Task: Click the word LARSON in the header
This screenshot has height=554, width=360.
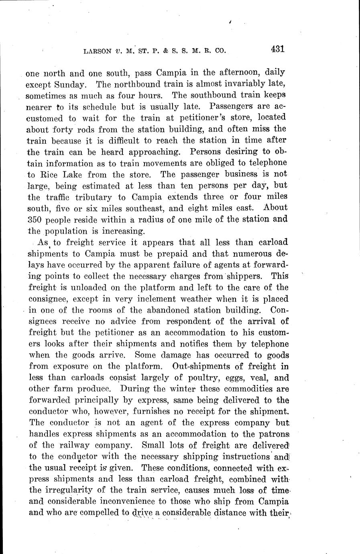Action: pos(97,51)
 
